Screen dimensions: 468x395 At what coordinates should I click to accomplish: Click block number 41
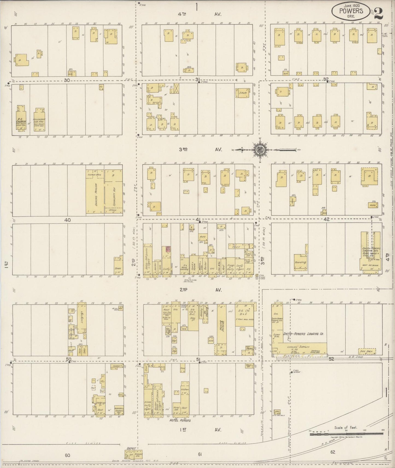(x=198, y=219)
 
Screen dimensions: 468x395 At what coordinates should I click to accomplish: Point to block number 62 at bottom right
(x=332, y=452)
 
